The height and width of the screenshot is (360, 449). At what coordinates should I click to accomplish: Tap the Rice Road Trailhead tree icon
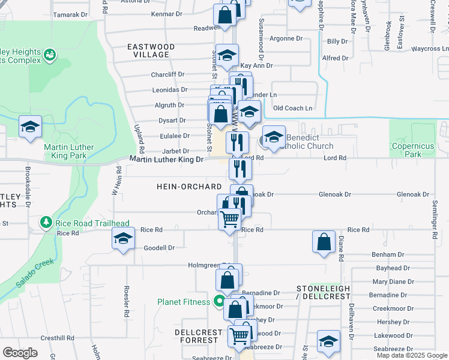coord(46,223)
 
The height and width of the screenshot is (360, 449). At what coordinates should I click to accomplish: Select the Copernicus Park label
coord(412,150)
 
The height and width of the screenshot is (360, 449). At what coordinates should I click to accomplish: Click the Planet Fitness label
coord(184,302)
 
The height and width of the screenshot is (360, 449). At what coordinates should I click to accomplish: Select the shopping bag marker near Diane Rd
coord(324,242)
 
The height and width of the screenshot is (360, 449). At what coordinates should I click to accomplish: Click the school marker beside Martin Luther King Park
coord(30,127)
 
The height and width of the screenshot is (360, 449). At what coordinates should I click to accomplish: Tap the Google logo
coord(20,352)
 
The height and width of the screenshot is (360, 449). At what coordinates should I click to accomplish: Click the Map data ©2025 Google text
coord(412,355)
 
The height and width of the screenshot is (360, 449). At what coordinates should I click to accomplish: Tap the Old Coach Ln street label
coord(293,108)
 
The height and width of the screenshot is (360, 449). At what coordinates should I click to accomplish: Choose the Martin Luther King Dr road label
coord(167,158)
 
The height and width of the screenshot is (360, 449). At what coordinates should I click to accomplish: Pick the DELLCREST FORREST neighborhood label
coord(196,336)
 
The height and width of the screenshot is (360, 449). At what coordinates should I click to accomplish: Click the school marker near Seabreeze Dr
coord(328,341)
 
